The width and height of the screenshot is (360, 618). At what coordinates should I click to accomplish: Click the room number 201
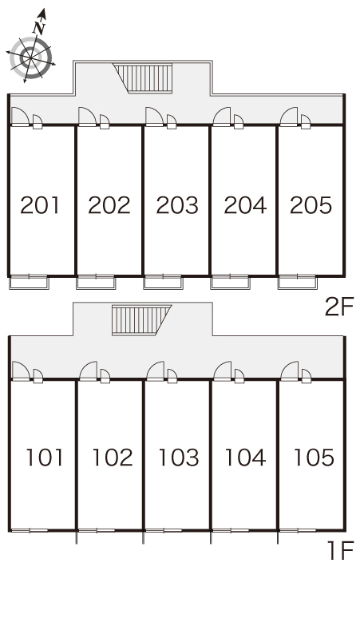click(40, 205)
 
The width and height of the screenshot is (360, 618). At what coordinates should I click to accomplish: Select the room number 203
click(177, 205)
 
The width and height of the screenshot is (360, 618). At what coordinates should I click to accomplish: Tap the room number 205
click(311, 205)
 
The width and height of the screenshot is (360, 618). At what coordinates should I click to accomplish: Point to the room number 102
click(113, 458)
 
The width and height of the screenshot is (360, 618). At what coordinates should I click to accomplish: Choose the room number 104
click(245, 458)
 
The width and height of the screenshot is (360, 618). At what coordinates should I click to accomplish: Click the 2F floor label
click(339, 307)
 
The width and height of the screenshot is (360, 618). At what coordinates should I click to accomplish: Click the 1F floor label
click(341, 550)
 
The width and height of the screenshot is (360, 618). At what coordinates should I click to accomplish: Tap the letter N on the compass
click(39, 28)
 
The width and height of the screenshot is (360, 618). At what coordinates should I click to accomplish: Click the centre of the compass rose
click(30, 58)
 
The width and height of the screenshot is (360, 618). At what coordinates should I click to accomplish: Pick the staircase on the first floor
click(140, 320)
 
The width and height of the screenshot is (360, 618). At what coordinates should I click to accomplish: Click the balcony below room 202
click(96, 283)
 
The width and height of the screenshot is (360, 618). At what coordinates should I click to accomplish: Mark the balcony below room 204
click(230, 283)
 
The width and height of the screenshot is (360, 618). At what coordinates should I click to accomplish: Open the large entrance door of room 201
click(20, 117)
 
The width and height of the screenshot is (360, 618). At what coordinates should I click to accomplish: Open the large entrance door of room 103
click(155, 371)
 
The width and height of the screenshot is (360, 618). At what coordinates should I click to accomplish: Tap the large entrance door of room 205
click(289, 117)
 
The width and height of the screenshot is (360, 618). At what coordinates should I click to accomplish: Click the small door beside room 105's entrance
click(307, 375)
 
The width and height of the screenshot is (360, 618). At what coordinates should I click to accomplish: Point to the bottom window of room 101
click(30, 530)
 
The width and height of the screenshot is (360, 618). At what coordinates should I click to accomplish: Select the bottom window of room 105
click(298, 530)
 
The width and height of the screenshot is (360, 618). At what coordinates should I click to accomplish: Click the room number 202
click(109, 205)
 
